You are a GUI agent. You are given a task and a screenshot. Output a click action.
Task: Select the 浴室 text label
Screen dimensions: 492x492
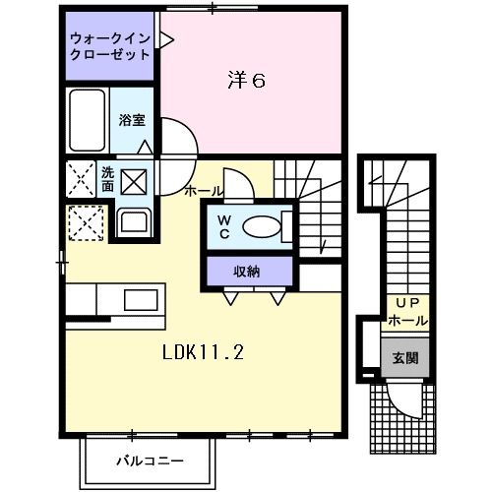tap(132, 120)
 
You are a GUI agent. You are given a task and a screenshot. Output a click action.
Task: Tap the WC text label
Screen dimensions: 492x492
tap(223, 227)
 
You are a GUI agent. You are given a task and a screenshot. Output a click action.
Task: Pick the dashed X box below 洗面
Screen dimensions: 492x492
tap(85, 221)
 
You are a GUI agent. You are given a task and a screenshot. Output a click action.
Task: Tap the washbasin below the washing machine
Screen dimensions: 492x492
tap(132, 222)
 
